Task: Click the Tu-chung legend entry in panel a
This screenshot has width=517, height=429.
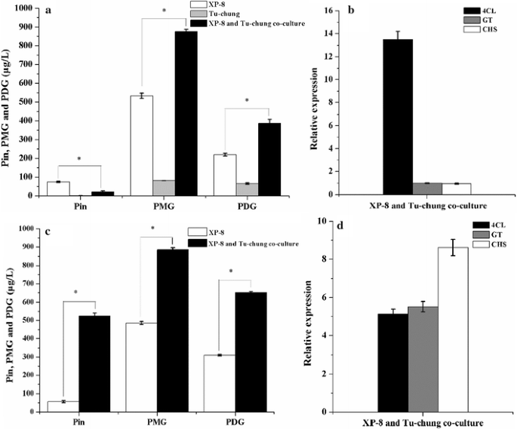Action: click(x=226, y=14)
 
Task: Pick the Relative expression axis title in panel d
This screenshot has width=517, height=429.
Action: click(x=309, y=317)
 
